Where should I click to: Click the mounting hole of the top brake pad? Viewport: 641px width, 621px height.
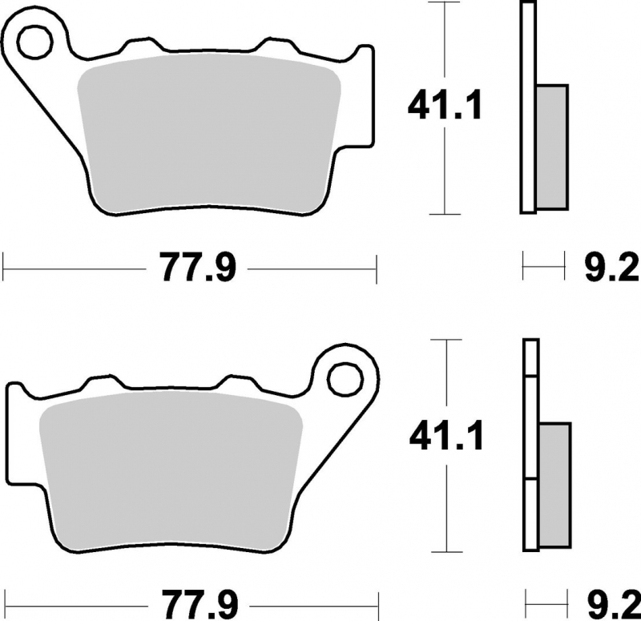34,41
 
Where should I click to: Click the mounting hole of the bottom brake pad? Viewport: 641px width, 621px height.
346,379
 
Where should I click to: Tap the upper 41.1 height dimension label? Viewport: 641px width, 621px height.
445,106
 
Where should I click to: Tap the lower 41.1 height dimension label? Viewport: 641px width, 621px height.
446,436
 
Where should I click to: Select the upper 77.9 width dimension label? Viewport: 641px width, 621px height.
197,268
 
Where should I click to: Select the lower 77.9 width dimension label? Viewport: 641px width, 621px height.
200,604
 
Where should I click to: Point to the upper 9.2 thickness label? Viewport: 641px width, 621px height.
612,268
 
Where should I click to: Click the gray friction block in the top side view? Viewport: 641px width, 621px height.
552,147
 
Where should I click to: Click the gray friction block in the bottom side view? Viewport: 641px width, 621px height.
554,486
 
